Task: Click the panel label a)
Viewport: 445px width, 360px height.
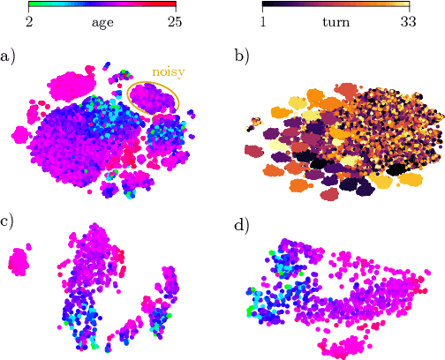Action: (x=8, y=56)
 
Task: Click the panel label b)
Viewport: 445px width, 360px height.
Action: (x=242, y=56)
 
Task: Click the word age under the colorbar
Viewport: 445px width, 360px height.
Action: (x=104, y=22)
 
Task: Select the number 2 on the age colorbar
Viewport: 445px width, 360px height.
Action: (x=30, y=22)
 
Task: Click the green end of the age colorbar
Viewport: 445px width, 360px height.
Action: (x=32, y=5)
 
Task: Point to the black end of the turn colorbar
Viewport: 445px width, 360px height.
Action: (x=264, y=5)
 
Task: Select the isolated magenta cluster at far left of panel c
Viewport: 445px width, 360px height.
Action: (x=18, y=261)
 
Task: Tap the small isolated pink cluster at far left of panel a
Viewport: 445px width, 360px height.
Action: (x=19, y=134)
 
